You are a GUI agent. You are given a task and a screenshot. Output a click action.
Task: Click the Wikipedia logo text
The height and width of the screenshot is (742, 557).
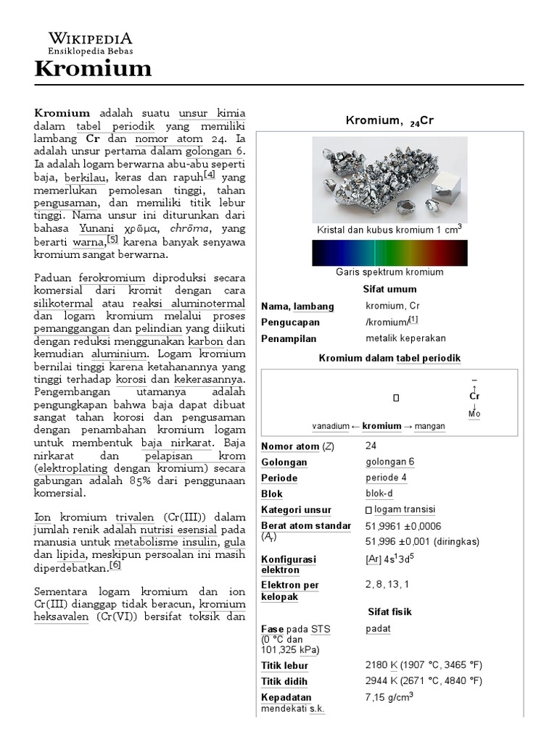click(90, 39)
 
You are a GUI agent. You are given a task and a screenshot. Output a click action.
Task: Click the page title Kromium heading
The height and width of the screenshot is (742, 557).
click(94, 69)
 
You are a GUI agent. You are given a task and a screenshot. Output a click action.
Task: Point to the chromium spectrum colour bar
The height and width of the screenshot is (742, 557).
click(389, 253)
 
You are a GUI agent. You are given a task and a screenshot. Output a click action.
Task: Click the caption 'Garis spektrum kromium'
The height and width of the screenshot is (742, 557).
click(389, 272)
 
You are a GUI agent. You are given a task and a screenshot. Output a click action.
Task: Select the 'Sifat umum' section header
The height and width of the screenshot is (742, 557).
click(389, 289)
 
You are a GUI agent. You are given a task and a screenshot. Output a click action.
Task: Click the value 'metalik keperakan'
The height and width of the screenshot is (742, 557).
click(405, 338)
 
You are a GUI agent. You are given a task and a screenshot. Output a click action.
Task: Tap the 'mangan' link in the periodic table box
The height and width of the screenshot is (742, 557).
click(429, 426)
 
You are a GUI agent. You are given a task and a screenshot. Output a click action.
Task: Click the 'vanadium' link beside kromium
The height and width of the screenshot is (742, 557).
click(331, 426)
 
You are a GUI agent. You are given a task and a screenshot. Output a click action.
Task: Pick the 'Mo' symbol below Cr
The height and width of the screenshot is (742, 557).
click(474, 414)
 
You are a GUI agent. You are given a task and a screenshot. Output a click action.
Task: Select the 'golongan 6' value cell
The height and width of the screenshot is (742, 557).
click(390, 462)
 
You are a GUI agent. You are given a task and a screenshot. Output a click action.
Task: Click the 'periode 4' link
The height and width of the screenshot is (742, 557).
click(386, 478)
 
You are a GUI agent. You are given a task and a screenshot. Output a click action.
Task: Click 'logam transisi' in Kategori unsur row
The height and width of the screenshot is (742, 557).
click(402, 510)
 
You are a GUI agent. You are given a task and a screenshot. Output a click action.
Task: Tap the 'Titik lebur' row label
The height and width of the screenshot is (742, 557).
click(284, 665)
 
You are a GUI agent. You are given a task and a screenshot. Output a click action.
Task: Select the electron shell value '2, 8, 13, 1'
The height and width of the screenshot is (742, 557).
click(387, 584)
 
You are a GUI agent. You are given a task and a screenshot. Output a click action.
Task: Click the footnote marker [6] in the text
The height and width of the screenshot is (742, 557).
click(115, 566)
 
